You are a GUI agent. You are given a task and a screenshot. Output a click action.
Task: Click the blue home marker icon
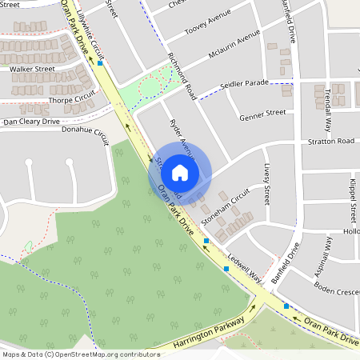click(x=180, y=172)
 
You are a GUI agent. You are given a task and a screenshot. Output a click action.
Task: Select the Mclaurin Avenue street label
click(x=234, y=50)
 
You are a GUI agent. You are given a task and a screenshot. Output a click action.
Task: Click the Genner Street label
click(x=262, y=113)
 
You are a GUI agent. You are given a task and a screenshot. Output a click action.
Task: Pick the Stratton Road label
click(x=330, y=141)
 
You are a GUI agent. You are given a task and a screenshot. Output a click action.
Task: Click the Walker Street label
click(x=32, y=69)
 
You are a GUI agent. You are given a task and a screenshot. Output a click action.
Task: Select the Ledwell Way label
click(x=244, y=270)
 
